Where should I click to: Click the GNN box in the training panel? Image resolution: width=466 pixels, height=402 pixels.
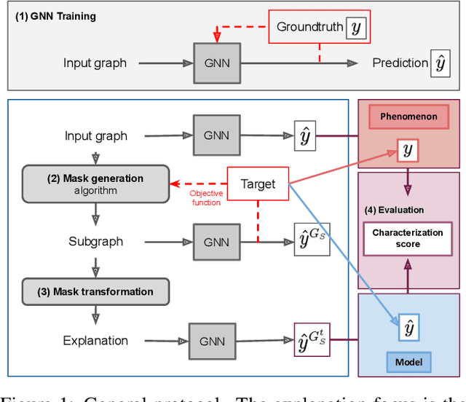[x=217, y=63]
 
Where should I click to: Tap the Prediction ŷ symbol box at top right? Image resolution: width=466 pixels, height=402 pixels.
[x=440, y=63]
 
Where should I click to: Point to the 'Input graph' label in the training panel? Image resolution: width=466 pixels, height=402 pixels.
[x=95, y=63]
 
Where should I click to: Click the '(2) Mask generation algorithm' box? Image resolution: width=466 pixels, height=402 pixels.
[x=95, y=184]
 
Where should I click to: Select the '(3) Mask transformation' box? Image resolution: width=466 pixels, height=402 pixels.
[x=95, y=292]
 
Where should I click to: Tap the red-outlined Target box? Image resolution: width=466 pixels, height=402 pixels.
[x=258, y=184]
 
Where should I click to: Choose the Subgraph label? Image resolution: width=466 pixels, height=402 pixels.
[x=95, y=241]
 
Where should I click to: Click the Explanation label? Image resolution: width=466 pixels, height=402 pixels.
[x=95, y=340]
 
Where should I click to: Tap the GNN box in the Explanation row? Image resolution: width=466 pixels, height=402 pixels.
[x=213, y=340]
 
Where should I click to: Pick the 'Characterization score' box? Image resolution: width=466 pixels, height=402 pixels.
[x=407, y=238]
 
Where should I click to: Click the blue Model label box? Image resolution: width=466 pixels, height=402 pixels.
[x=407, y=361]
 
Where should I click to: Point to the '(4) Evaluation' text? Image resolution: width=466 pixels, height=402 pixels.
[x=394, y=210]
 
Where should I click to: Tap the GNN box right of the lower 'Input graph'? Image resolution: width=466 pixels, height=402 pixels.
[x=217, y=135]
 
